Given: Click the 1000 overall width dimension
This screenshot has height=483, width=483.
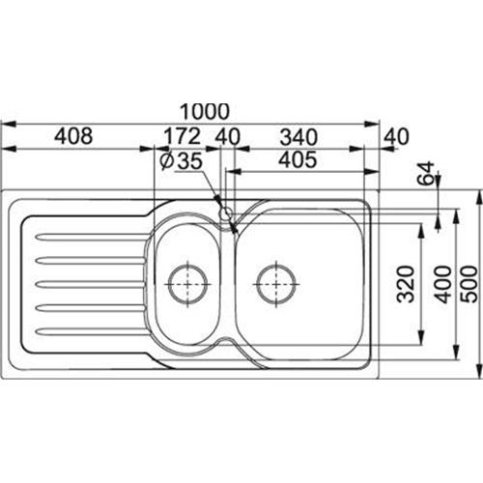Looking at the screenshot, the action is [x=205, y=111].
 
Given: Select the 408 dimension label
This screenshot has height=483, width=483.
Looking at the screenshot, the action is [x=73, y=136].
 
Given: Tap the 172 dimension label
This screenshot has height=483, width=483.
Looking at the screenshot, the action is [x=183, y=136].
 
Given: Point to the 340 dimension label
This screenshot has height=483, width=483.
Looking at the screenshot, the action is [x=298, y=137].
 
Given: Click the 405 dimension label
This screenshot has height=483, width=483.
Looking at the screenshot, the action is [x=298, y=159].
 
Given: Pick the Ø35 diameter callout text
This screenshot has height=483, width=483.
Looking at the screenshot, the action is [x=182, y=160].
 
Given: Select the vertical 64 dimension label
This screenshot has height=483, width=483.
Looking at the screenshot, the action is [x=425, y=173].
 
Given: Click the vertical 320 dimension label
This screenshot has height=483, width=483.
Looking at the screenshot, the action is [x=405, y=284].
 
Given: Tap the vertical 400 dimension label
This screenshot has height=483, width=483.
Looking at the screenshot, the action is [x=443, y=284].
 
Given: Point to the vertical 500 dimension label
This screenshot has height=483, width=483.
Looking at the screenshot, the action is [x=469, y=284].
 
